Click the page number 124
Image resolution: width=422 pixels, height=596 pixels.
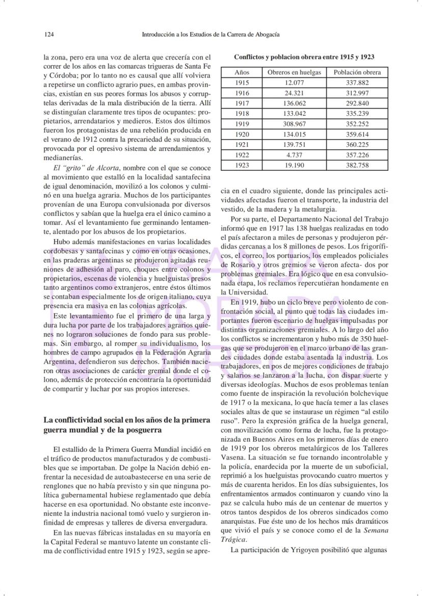[49, 34]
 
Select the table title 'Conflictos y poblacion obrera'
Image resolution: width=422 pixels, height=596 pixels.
[304, 57]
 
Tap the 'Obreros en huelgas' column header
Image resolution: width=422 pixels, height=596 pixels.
[294, 72]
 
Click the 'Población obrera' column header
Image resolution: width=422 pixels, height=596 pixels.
[357, 72]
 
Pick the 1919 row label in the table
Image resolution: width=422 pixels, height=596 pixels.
[242, 124]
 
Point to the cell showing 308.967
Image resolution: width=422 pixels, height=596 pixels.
[294, 124]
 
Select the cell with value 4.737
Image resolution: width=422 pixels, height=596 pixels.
[294, 155]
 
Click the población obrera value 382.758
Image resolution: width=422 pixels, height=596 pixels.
[357, 166]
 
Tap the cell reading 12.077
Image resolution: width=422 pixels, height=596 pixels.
[294, 83]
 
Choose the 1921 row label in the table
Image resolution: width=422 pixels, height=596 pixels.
[242, 145]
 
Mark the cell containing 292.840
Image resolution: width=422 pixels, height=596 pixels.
[357, 103]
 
